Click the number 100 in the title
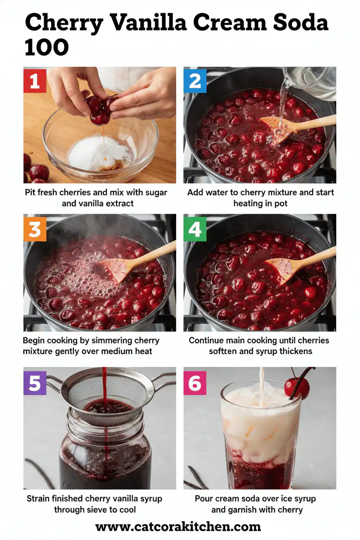[x=47, y=48]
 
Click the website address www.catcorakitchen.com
[x=178, y=527]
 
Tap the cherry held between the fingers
[x=99, y=110]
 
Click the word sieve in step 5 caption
[x=100, y=510]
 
